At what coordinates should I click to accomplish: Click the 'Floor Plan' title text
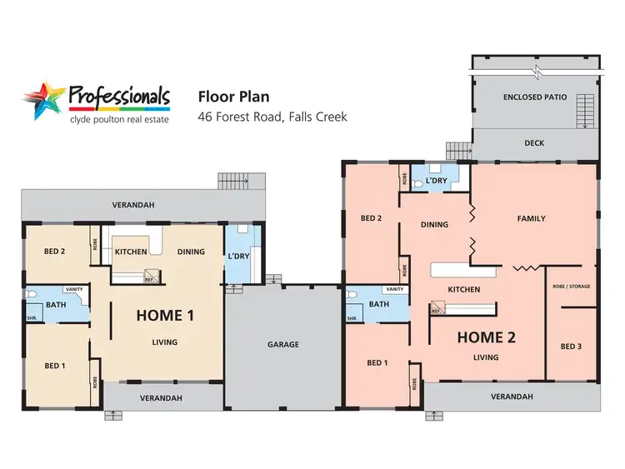232,97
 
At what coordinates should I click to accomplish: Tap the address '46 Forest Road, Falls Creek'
272,117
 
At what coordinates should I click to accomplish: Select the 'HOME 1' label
165,315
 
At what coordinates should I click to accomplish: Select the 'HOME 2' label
486,337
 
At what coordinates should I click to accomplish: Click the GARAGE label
283,344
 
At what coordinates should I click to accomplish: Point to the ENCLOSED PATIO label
534,97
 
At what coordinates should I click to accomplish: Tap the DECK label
534,143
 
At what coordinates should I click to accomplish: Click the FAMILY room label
531,218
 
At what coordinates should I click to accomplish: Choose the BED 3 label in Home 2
571,347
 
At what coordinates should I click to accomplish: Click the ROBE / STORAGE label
571,287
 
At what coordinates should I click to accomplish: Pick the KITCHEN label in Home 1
131,252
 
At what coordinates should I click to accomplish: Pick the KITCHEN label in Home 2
464,290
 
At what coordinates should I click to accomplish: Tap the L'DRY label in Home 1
238,256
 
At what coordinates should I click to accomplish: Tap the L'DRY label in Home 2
436,180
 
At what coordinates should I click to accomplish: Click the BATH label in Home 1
56,305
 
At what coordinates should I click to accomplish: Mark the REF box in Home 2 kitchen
435,311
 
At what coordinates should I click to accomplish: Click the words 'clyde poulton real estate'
119,119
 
